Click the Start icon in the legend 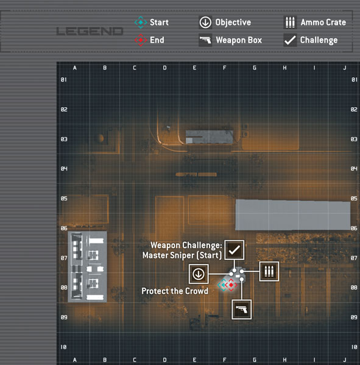pyautogui.click(x=141, y=23)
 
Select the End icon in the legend pyautogui.click(x=141, y=40)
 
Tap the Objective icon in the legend pyautogui.click(x=205, y=23)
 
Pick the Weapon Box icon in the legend pyautogui.click(x=205, y=40)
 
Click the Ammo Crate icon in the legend pyautogui.click(x=290, y=23)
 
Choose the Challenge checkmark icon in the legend pyautogui.click(x=290, y=40)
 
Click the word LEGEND pyautogui.click(x=90, y=31)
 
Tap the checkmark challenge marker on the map pyautogui.click(x=235, y=250)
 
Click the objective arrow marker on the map pyautogui.click(x=199, y=274)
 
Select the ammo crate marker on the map pyautogui.click(x=269, y=271)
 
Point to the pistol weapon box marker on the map pyautogui.click(x=242, y=310)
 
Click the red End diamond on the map pyautogui.click(x=231, y=285)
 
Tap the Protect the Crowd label pyautogui.click(x=175, y=291)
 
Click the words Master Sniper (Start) pyautogui.click(x=182, y=255)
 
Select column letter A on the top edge pyautogui.click(x=74, y=68)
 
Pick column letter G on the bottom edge pyautogui.click(x=255, y=360)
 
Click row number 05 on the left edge pyautogui.click(x=64, y=198)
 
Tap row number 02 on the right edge pyautogui.click(x=354, y=109)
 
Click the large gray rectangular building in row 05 pyautogui.click(x=293, y=215)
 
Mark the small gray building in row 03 pyautogui.click(x=209, y=137)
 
